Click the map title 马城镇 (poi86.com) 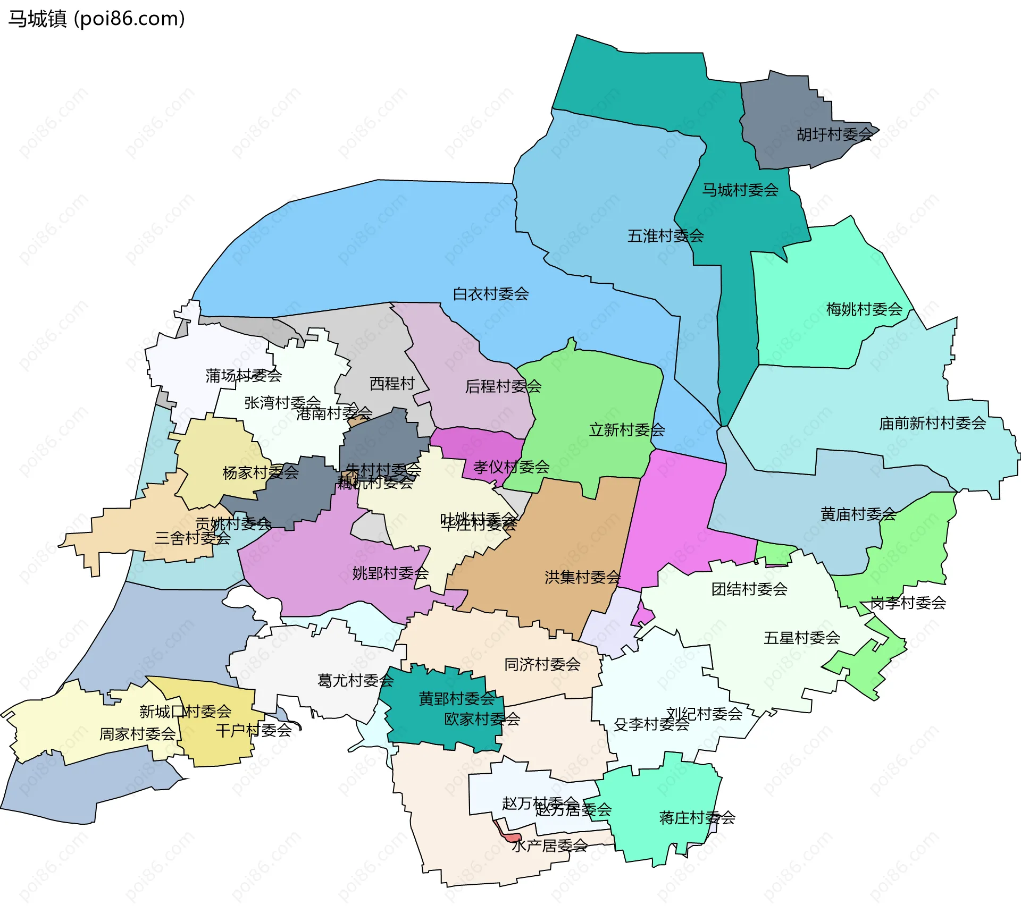pyautogui.click(x=96, y=19)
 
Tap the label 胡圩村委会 pyautogui.click(x=834, y=134)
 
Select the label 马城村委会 pyautogui.click(x=740, y=190)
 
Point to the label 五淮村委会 pyautogui.click(x=665, y=235)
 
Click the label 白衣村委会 pyautogui.click(x=490, y=294)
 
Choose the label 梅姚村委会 pyautogui.click(x=864, y=309)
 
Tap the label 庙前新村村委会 pyautogui.click(x=932, y=424)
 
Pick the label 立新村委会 pyautogui.click(x=626, y=430)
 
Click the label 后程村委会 pyautogui.click(x=503, y=386)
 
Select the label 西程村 pyautogui.click(x=392, y=383)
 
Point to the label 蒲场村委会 pyautogui.click(x=244, y=376)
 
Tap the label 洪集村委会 pyautogui.click(x=582, y=577)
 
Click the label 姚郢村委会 pyautogui.click(x=390, y=573)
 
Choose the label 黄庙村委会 pyautogui.click(x=858, y=514)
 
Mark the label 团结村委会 pyautogui.click(x=749, y=589)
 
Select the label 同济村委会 pyautogui.click(x=542, y=664)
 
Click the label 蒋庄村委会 pyautogui.click(x=697, y=817)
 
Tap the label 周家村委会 pyautogui.click(x=137, y=734)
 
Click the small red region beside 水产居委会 pyautogui.click(x=511, y=838)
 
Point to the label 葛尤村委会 pyautogui.click(x=355, y=680)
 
